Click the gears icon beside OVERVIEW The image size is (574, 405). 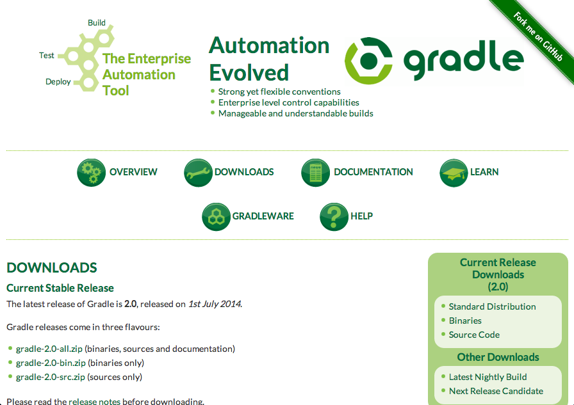[91, 173]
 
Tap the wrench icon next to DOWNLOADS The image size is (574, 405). [198, 173]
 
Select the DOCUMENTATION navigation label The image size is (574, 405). [373, 172]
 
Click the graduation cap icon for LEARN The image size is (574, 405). [454, 173]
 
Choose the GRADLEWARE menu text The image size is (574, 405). [263, 216]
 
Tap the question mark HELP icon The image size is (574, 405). [334, 217]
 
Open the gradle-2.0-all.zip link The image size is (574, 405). [49, 349]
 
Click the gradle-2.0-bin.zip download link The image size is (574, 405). [51, 363]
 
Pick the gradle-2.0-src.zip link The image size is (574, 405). [50, 377]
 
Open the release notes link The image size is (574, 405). [94, 401]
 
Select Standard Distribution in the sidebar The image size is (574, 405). [493, 306]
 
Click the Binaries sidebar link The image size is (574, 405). [465, 321]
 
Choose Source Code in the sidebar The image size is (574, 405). [474, 335]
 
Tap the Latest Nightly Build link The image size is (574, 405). [488, 377]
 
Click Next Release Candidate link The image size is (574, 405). [496, 391]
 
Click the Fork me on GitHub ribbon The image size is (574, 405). [537, 36]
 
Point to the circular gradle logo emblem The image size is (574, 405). [368, 61]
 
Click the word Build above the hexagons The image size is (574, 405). [97, 22]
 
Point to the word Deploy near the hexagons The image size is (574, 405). [58, 81]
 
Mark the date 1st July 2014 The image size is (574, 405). [215, 304]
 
